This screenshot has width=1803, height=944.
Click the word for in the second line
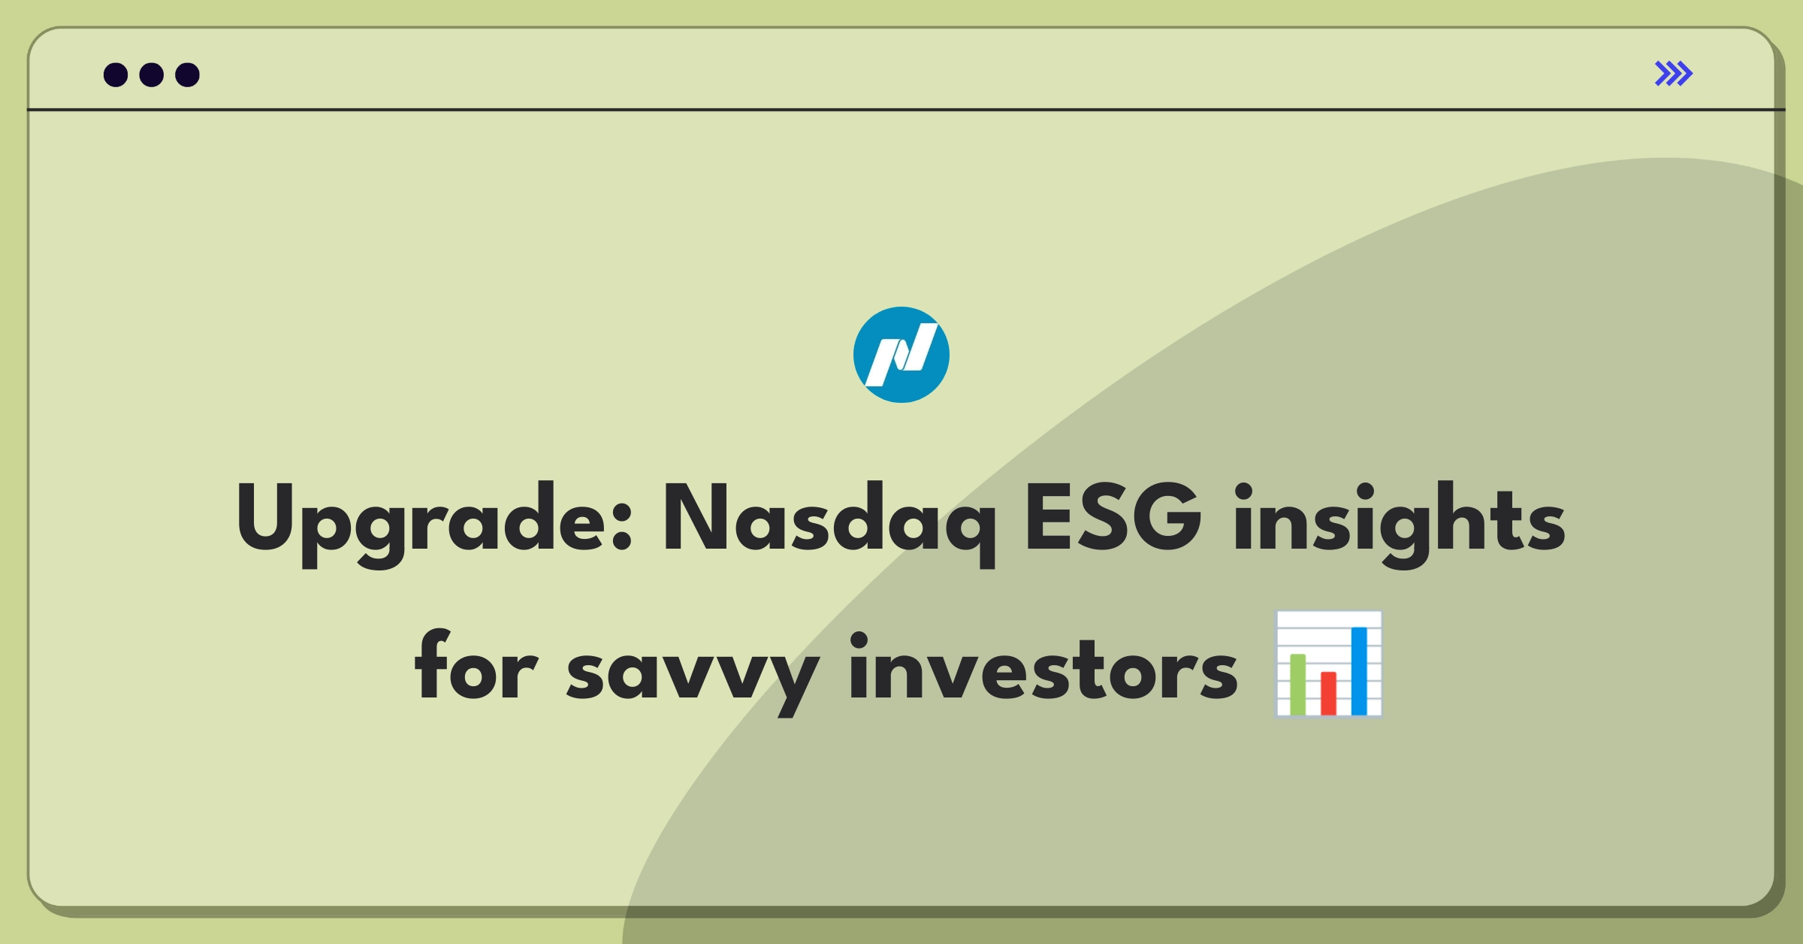tap(476, 665)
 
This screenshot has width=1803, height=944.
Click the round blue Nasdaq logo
tap(901, 355)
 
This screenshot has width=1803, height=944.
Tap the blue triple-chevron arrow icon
tap(1674, 74)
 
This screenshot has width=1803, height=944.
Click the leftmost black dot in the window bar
tap(116, 74)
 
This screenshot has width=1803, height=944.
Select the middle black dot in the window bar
tap(152, 74)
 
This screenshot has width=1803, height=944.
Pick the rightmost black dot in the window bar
tap(188, 74)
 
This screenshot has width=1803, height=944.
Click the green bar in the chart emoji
tap(1298, 684)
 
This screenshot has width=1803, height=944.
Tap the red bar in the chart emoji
tap(1329, 693)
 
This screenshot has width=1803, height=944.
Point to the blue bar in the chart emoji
tap(1359, 670)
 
